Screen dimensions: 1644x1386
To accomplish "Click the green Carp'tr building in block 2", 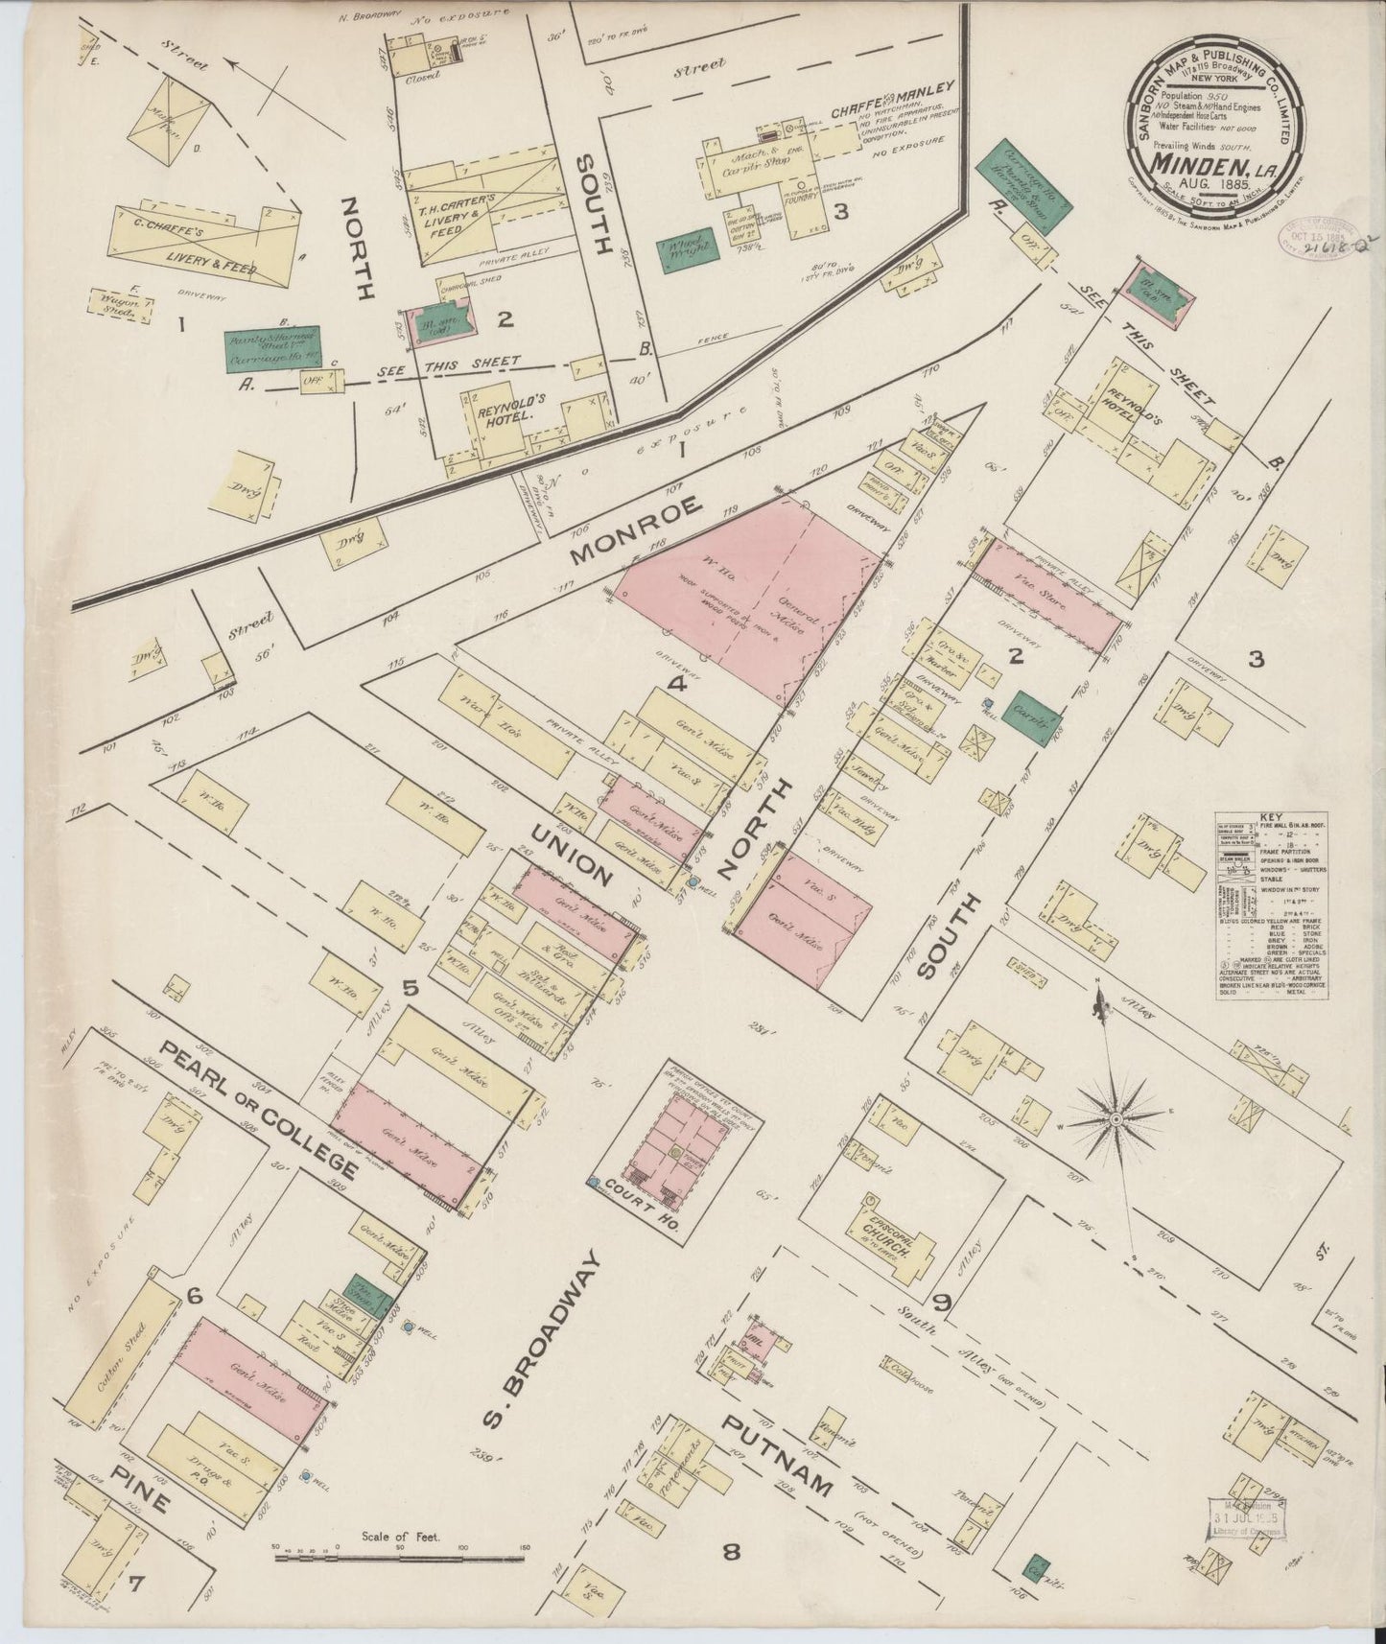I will pos(1037,716).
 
